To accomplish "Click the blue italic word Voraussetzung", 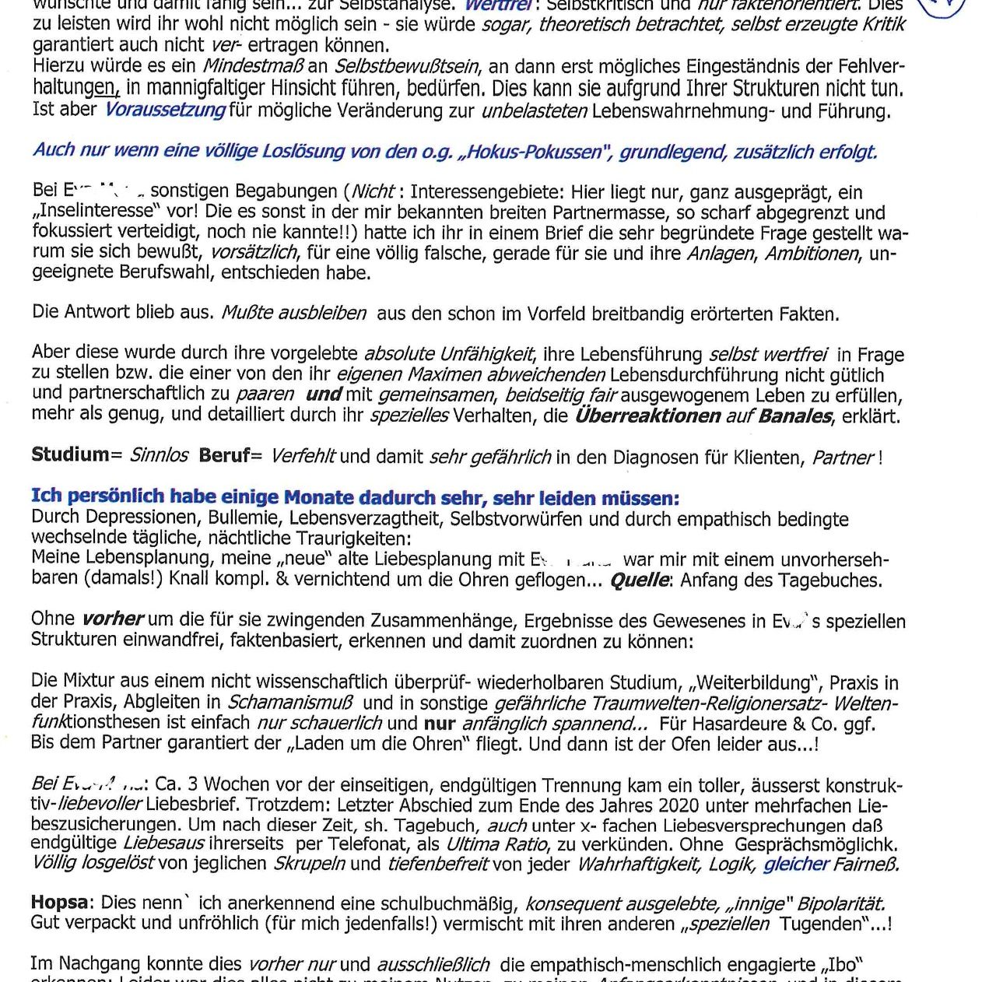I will [165, 110].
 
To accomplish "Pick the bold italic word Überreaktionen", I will [647, 416].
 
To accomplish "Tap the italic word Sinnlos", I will [159, 455].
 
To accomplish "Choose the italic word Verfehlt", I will [303, 456].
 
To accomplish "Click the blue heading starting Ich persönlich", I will [355, 497].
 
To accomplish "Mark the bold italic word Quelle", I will [639, 580].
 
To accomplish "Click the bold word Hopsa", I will [59, 903].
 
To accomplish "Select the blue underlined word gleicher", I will [796, 864].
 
